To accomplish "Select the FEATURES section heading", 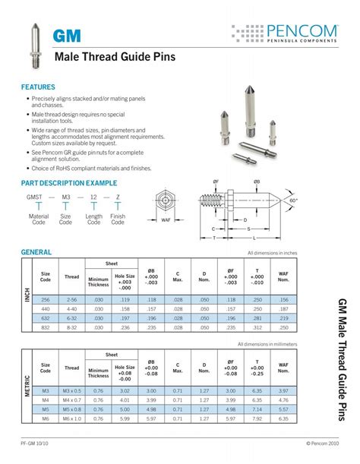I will pos(38,87).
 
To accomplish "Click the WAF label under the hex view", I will pos(166,220).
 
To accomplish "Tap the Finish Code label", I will pos(118,219).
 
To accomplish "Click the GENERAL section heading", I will pos(36,251).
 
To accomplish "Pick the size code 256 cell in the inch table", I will pos(46,299).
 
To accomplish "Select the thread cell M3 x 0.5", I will pos(72,390).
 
